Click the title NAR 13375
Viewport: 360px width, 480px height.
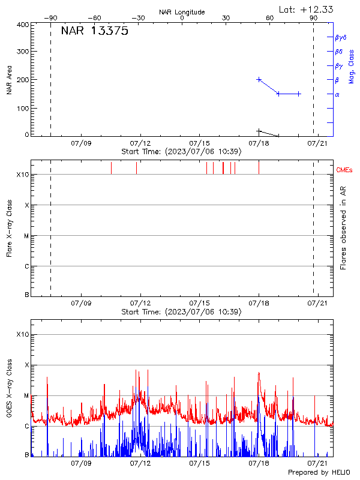(x=94, y=32)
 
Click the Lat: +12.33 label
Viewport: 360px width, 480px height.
(x=307, y=9)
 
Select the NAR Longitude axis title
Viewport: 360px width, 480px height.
(x=182, y=12)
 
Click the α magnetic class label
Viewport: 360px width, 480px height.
(x=337, y=94)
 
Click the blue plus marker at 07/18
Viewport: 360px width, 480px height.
(x=259, y=79)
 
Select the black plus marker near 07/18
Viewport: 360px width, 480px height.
(x=259, y=131)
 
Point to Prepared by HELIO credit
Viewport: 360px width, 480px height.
(x=319, y=472)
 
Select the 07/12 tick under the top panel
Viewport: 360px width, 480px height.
(x=140, y=143)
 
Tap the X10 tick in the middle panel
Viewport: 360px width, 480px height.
(x=23, y=175)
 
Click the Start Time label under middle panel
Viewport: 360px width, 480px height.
(x=181, y=312)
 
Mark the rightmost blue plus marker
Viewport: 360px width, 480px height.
(x=298, y=94)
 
